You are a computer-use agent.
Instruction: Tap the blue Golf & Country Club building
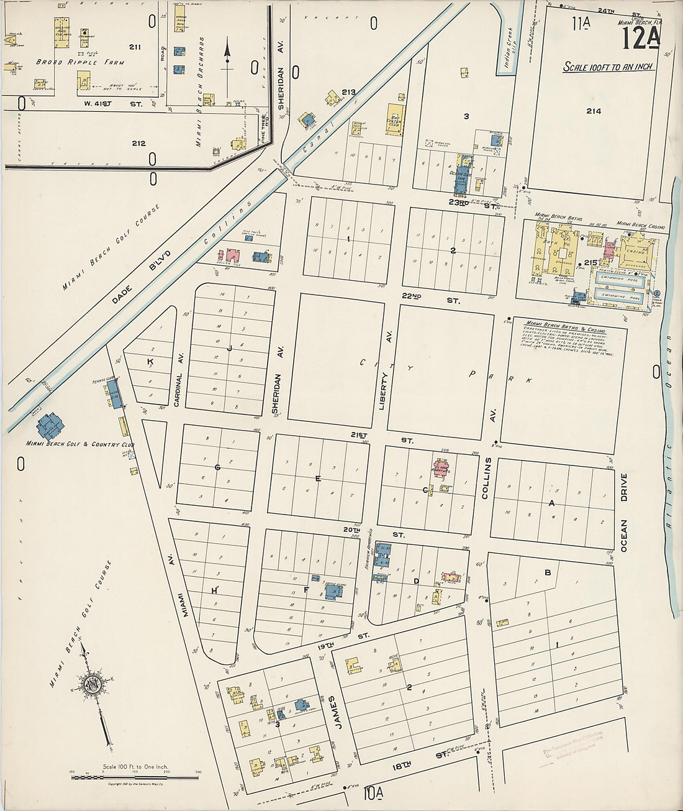50,426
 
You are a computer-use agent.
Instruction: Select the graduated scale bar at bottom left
134,777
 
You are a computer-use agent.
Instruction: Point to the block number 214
594,111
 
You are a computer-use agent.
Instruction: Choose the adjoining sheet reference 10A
373,792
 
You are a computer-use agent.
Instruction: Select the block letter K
150,362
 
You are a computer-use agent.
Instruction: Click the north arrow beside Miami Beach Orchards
227,56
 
